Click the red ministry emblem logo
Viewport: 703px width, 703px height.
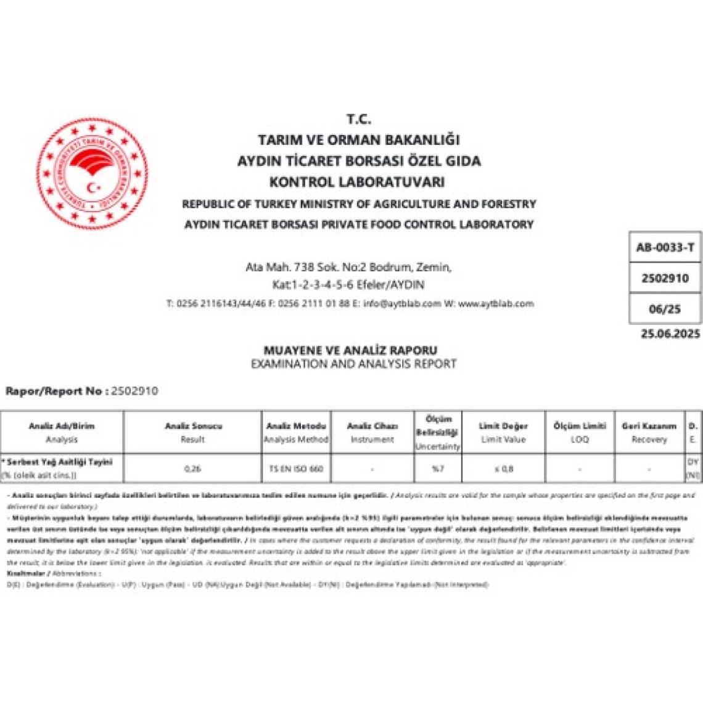(92, 172)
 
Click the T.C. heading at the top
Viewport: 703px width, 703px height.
(358, 120)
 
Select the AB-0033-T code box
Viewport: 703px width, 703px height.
(665, 248)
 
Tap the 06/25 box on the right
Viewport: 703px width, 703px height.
(665, 309)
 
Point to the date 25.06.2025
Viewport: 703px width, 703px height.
(670, 334)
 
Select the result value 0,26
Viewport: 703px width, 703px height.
(192, 469)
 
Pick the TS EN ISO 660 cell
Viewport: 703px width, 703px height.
(296, 469)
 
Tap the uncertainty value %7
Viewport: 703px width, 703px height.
(437, 469)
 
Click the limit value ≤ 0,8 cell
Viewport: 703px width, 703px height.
(503, 469)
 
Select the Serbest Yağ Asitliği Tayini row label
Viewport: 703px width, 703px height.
(59, 462)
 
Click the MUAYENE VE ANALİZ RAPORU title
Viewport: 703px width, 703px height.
(350, 350)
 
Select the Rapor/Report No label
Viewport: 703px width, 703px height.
(54, 391)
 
